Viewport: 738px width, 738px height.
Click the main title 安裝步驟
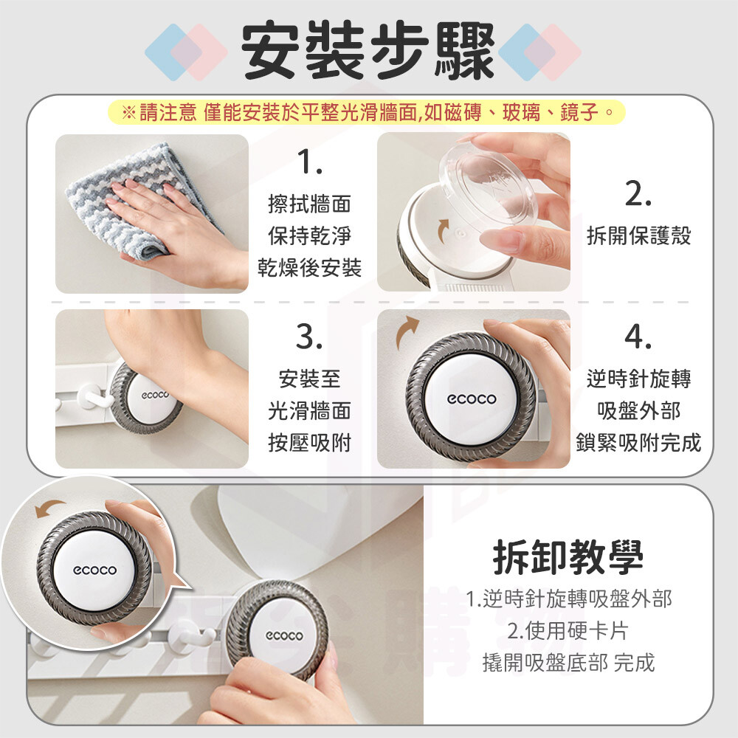click(368, 50)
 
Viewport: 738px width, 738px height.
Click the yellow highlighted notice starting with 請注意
click(367, 112)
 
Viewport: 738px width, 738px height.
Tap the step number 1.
click(310, 162)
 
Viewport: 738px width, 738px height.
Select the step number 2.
click(638, 193)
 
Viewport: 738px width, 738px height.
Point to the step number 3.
click(309, 337)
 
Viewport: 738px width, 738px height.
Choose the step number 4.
click(638, 337)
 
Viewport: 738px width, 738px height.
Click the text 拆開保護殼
click(638, 235)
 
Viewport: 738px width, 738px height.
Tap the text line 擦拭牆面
click(310, 204)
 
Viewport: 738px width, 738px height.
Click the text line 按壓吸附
click(310, 442)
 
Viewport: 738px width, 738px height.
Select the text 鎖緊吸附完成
click(638, 442)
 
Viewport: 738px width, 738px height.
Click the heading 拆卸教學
click(568, 557)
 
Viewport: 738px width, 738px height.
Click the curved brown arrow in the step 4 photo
click(406, 331)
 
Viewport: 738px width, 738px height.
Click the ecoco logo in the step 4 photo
click(471, 399)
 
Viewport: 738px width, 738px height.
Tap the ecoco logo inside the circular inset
click(94, 570)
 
